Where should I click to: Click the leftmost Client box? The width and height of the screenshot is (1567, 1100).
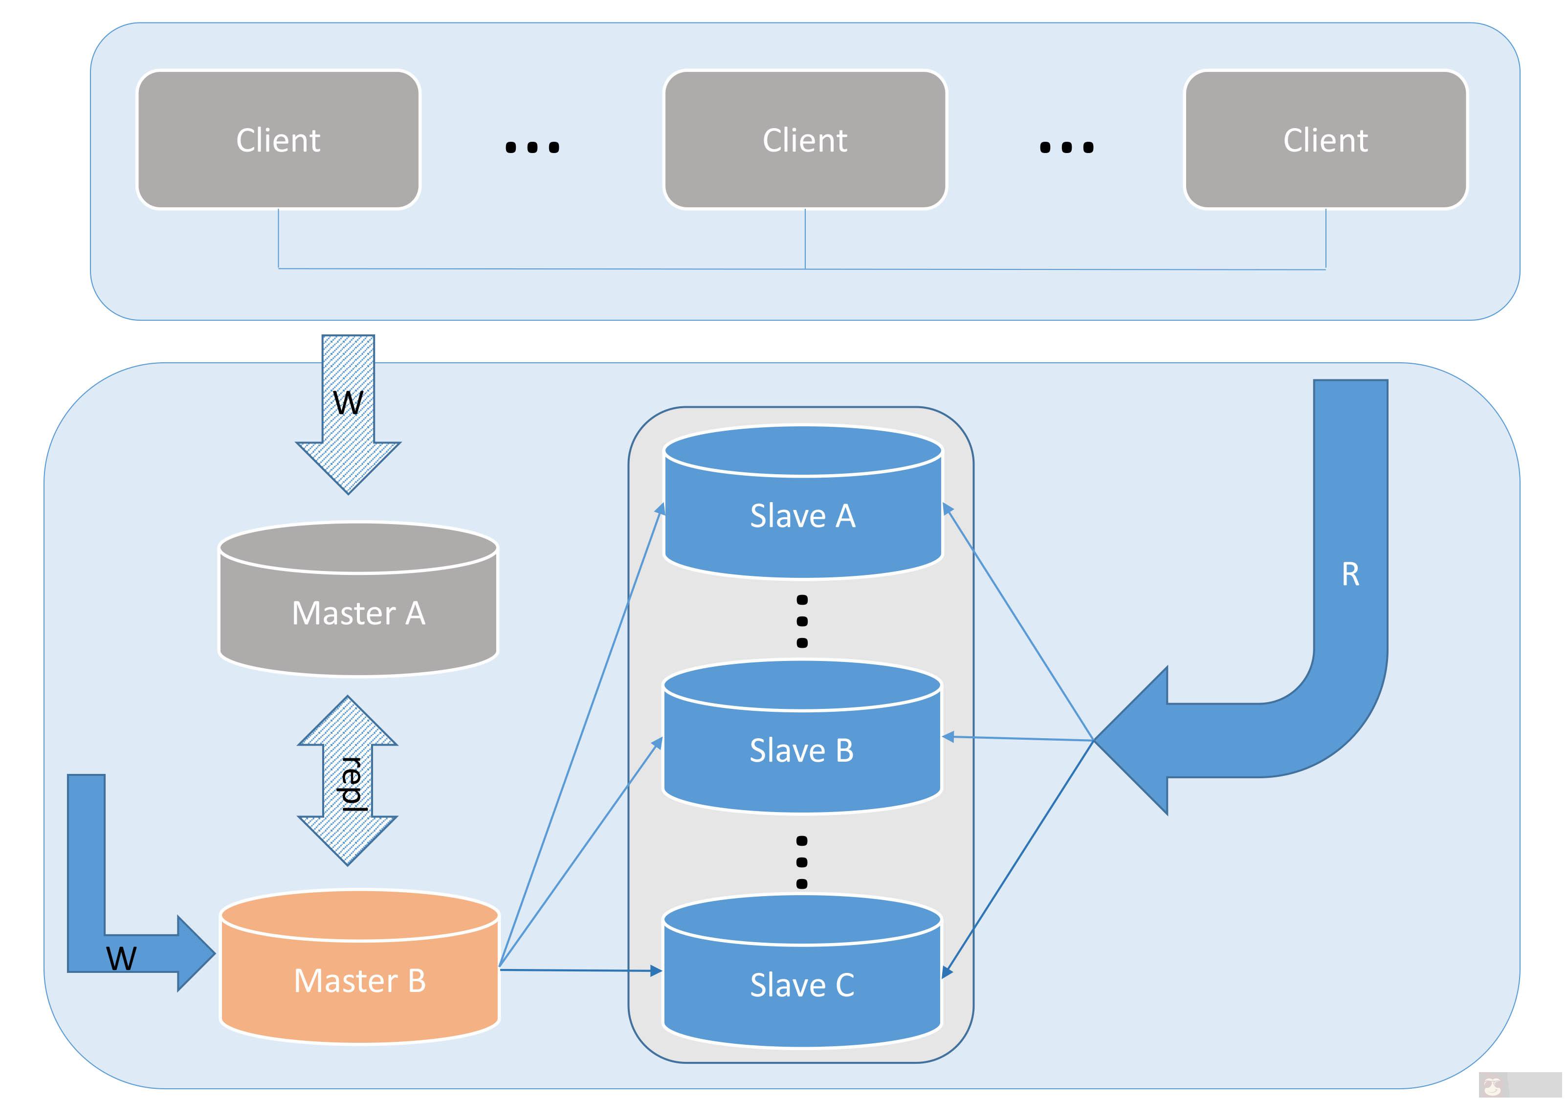pyautogui.click(x=279, y=140)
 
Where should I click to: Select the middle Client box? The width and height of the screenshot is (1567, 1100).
pyautogui.click(x=805, y=140)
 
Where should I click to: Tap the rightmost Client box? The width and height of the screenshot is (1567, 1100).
pyautogui.click(x=1326, y=140)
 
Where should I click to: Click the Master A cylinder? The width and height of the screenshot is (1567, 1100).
pyautogui.click(x=358, y=613)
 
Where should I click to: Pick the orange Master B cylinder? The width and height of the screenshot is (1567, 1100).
pyautogui.click(x=360, y=981)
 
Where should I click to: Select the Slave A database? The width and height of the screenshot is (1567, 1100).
pyautogui.click(x=803, y=516)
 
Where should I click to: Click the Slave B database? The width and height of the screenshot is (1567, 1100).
pyautogui.click(x=802, y=750)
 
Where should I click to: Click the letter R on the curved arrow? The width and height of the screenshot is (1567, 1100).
pyautogui.click(x=1350, y=574)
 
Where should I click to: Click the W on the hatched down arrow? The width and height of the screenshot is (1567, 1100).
pyautogui.click(x=348, y=403)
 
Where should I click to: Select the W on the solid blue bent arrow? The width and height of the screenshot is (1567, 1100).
pyautogui.click(x=121, y=959)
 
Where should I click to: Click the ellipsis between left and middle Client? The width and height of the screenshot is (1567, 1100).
pyautogui.click(x=532, y=147)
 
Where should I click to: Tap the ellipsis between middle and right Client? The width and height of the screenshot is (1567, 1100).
pyautogui.click(x=1067, y=147)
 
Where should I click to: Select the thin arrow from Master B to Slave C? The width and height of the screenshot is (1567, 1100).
pyautogui.click(x=580, y=969)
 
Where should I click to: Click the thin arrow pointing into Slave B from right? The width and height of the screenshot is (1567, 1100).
pyautogui.click(x=1017, y=738)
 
